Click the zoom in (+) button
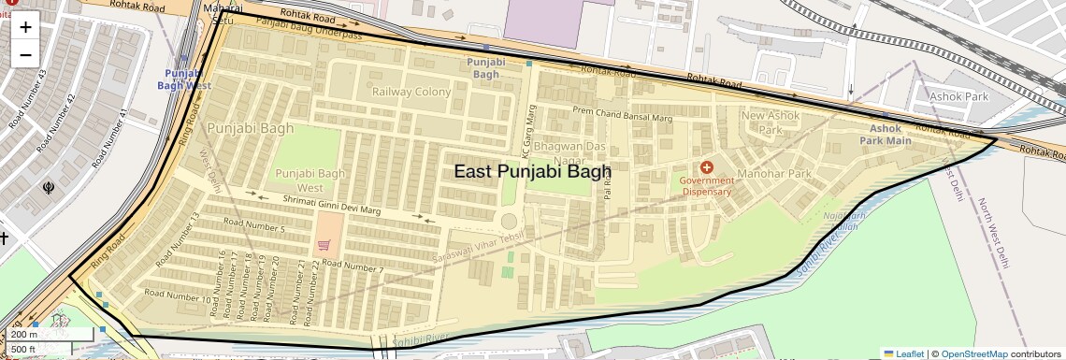(25, 27)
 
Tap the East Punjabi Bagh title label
(532, 171)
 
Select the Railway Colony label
(411, 92)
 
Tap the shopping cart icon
(324, 245)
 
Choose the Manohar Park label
(773, 174)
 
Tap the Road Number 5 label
(254, 227)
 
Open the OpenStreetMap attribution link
(974, 353)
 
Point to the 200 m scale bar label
(24, 334)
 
